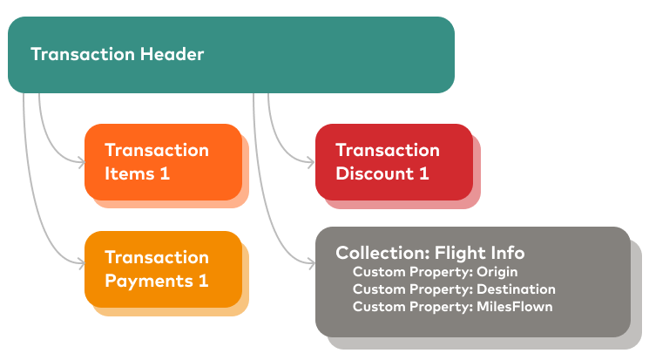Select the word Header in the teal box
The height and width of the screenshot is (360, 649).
(172, 55)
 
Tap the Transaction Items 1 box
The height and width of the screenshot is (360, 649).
(163, 161)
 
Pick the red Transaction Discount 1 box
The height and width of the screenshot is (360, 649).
(393, 161)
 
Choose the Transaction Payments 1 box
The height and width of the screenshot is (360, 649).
(163, 268)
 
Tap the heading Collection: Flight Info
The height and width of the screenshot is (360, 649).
(430, 254)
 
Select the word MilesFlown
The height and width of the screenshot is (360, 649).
(514, 307)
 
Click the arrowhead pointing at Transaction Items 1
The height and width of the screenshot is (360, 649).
(81, 161)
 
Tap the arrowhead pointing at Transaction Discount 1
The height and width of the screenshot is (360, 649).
(312, 161)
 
